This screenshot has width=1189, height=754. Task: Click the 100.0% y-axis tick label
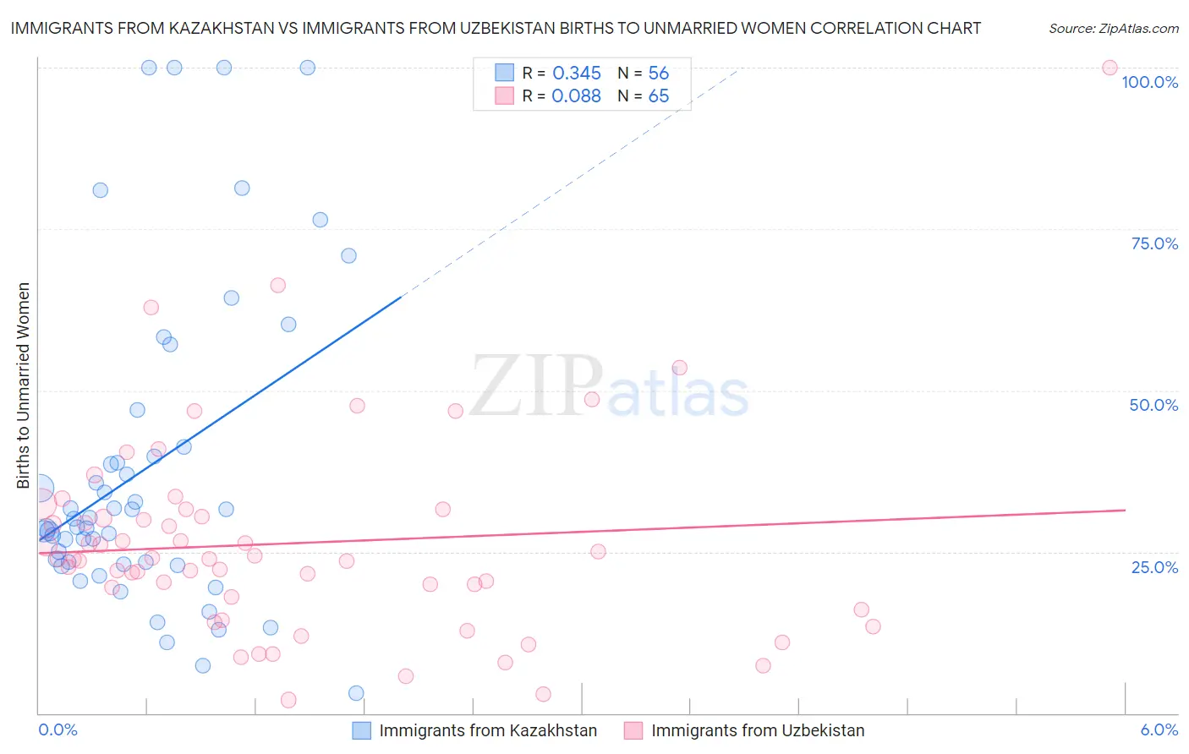point(1149,82)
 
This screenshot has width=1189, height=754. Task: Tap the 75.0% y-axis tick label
point(1153,243)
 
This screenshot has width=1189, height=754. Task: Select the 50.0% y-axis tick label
point(1153,405)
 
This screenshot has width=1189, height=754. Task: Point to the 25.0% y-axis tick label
point(1153,566)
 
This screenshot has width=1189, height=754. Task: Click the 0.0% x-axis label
point(58,729)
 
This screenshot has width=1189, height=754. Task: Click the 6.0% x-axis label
point(1159,729)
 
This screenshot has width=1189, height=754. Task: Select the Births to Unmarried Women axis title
point(24,385)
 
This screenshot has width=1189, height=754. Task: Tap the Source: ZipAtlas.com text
point(1113,28)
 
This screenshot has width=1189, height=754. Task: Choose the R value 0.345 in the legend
point(576,74)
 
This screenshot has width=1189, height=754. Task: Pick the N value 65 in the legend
point(658,96)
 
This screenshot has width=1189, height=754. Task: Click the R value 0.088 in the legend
point(576,96)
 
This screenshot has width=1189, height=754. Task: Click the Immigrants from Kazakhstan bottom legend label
point(487,730)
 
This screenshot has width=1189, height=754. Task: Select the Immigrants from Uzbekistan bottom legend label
point(757,730)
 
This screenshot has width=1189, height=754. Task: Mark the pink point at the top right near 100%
point(1110,68)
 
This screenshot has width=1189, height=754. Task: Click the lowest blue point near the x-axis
point(356,693)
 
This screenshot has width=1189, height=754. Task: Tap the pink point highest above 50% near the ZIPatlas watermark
point(679,368)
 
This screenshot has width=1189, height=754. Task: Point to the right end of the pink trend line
point(1125,510)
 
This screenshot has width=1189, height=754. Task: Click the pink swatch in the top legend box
point(504,96)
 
